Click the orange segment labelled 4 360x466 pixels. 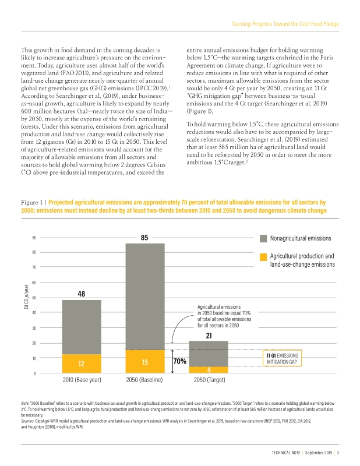[208, 369]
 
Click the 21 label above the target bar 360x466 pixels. [208, 335]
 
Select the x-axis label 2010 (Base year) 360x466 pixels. [82, 380]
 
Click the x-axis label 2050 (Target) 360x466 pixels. [208, 380]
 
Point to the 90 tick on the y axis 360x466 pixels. [35, 238]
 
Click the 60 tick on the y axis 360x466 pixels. [35, 283]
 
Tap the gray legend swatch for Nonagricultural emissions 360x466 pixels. [263, 238]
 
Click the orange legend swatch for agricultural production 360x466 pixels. [263, 256]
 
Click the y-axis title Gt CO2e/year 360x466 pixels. [26, 298]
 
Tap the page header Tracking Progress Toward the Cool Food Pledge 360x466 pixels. [285, 24]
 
